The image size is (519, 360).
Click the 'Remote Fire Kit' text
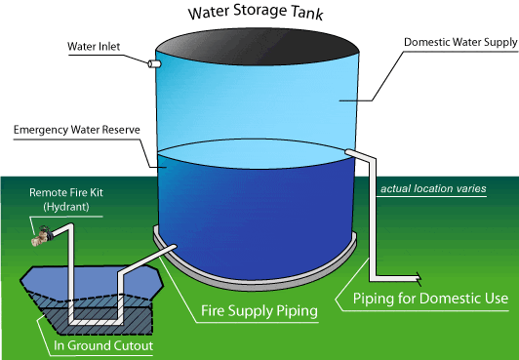point(67,193)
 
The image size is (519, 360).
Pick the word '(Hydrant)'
point(67,207)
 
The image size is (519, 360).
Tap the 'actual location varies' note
point(433,187)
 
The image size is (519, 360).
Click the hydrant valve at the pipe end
point(43,235)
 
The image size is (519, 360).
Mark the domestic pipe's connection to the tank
point(349,150)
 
